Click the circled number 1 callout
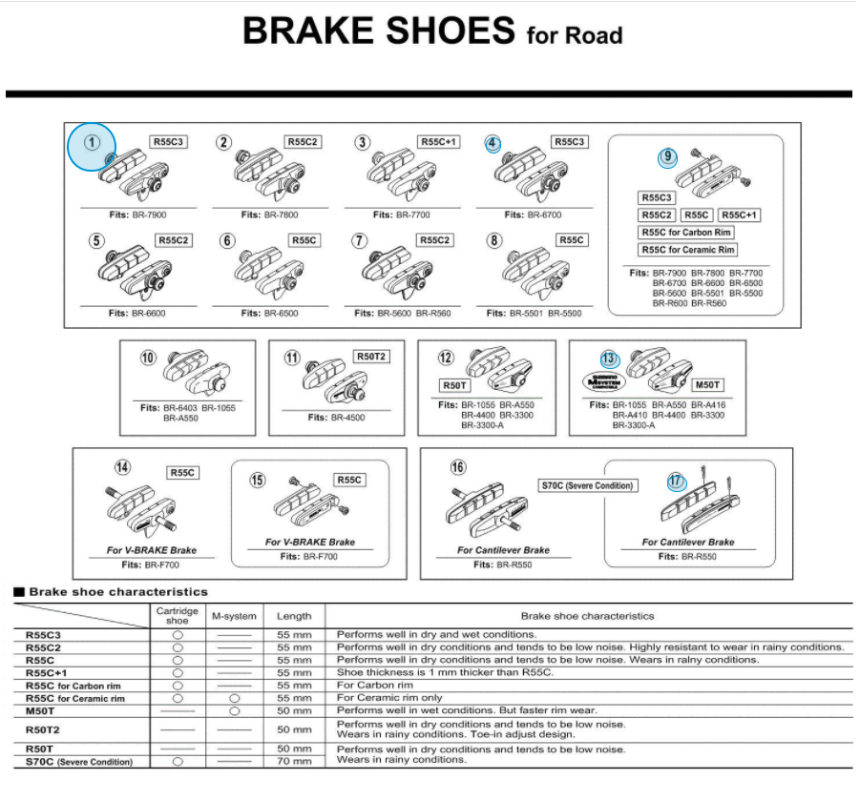pos(92,143)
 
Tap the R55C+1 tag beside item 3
pos(439,142)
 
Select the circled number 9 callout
pos(667,157)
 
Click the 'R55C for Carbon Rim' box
pos(685,233)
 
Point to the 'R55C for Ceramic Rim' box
pos(687,251)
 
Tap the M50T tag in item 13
pos(707,385)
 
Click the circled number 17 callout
pos(677,482)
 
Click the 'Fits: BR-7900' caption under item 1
pos(138,215)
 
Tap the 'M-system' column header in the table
pos(233,616)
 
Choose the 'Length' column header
pos(294,616)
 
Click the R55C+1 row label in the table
pos(46,672)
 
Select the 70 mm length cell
pos(294,761)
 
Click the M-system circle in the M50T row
pos(233,710)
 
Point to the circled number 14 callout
pos(123,467)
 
